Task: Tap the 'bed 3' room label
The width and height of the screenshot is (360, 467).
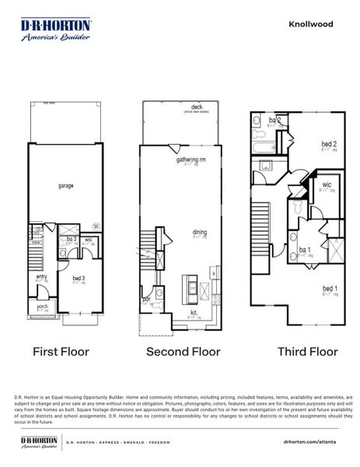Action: coord(79,277)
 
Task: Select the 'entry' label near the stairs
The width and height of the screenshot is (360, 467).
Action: coord(42,276)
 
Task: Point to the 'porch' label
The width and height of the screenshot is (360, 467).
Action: coord(42,307)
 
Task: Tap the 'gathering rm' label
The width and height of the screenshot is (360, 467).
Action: coord(190,160)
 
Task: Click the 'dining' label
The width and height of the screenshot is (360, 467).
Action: coord(200,231)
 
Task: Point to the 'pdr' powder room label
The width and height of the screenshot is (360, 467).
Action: coord(146,298)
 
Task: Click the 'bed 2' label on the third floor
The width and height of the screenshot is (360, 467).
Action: coord(329,143)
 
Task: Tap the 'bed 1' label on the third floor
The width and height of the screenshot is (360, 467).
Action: coord(330,287)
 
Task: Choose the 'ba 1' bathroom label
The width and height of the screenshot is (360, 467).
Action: coord(305,250)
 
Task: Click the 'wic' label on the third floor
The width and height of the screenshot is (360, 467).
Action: coord(327,184)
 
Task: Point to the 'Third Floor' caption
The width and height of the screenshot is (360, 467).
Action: coord(308,352)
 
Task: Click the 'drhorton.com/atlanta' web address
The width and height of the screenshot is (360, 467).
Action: coord(314,441)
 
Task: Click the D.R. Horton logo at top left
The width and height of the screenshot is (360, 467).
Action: coord(55,30)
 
